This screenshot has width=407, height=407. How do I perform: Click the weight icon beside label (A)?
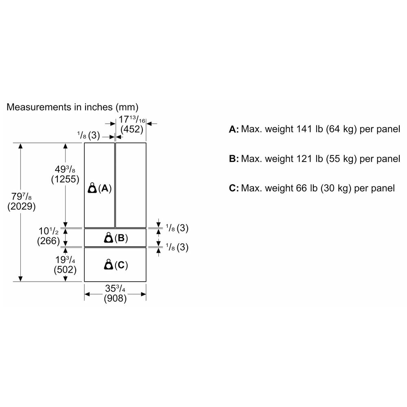(92, 188)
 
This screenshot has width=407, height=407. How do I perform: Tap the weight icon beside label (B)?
(108, 238)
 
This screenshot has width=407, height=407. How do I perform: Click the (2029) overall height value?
(22, 206)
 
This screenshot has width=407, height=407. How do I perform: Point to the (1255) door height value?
(65, 179)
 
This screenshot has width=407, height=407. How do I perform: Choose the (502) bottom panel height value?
(65, 269)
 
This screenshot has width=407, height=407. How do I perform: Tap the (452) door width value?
(131, 129)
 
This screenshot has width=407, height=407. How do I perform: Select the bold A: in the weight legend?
(234, 130)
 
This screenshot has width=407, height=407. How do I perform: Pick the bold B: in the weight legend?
(234, 159)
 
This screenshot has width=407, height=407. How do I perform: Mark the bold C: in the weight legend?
(234, 188)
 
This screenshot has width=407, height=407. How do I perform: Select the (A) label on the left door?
(105, 188)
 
